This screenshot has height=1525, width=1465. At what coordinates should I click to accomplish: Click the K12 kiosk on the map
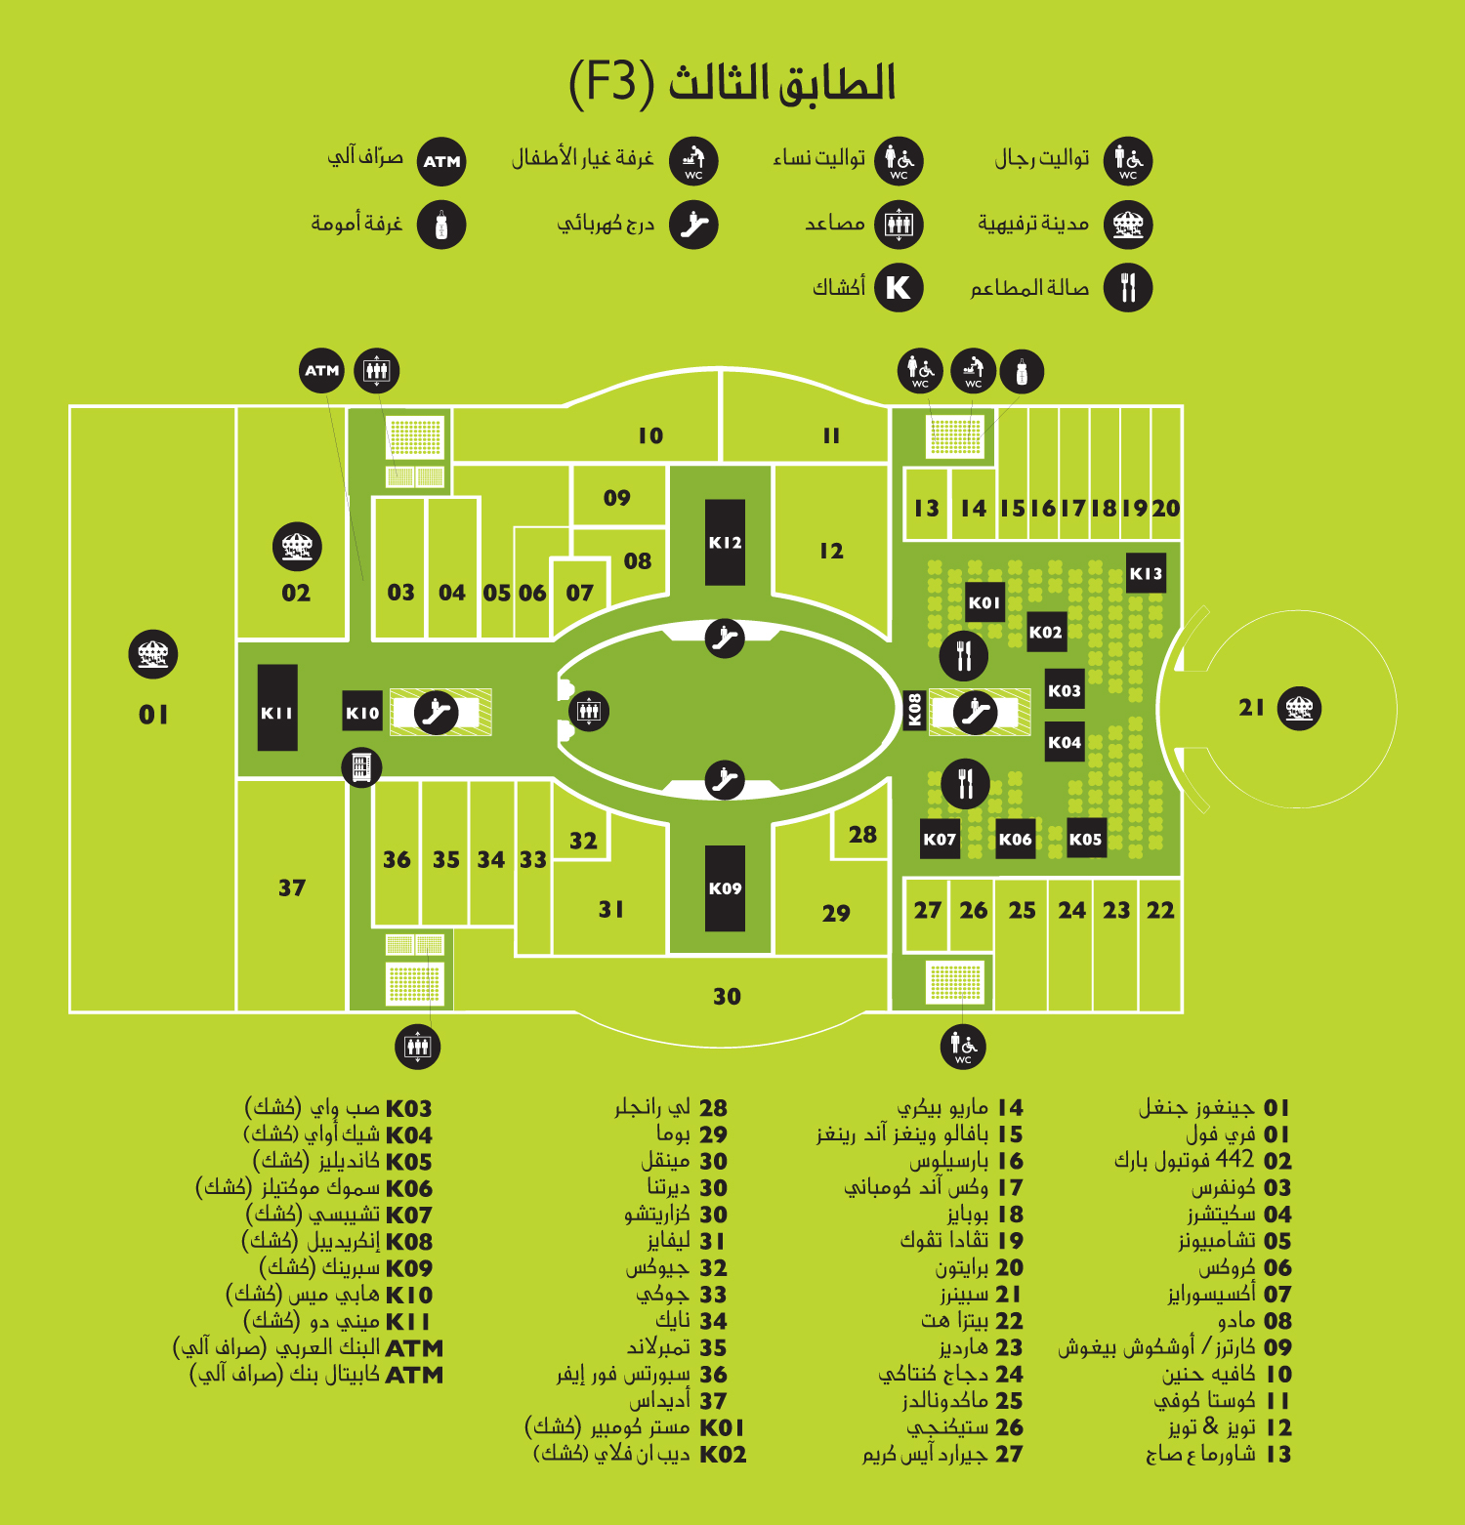[725, 543]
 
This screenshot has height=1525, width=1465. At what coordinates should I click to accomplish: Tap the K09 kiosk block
[725, 888]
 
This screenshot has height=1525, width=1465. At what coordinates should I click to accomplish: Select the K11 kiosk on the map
[277, 708]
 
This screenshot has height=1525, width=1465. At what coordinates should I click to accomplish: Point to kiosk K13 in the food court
[1146, 573]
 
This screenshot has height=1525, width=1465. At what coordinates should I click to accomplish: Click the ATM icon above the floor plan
[321, 371]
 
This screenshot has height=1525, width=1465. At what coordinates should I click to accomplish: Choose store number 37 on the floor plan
[292, 887]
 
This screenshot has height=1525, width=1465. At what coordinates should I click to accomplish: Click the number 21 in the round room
[1252, 708]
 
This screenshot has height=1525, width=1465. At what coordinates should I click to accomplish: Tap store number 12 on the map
[831, 551]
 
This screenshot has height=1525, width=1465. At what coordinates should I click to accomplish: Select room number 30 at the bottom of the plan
[727, 997]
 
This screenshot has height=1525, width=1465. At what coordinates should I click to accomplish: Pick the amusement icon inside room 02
[296, 547]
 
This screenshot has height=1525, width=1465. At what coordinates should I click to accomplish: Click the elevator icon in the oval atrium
[588, 711]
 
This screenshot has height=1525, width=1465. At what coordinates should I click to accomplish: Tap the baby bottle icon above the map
[1022, 371]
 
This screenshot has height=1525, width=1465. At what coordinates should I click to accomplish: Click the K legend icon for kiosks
[899, 288]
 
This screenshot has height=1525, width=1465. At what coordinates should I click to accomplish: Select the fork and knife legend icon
[1128, 288]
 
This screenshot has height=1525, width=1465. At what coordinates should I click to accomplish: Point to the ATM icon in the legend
[441, 161]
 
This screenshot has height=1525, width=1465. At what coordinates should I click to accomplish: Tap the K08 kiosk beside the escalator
[914, 710]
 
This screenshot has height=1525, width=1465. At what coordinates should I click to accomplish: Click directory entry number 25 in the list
[1009, 1401]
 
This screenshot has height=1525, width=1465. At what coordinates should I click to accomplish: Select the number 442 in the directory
[1235, 1159]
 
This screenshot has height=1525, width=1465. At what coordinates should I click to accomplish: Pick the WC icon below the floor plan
[963, 1047]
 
